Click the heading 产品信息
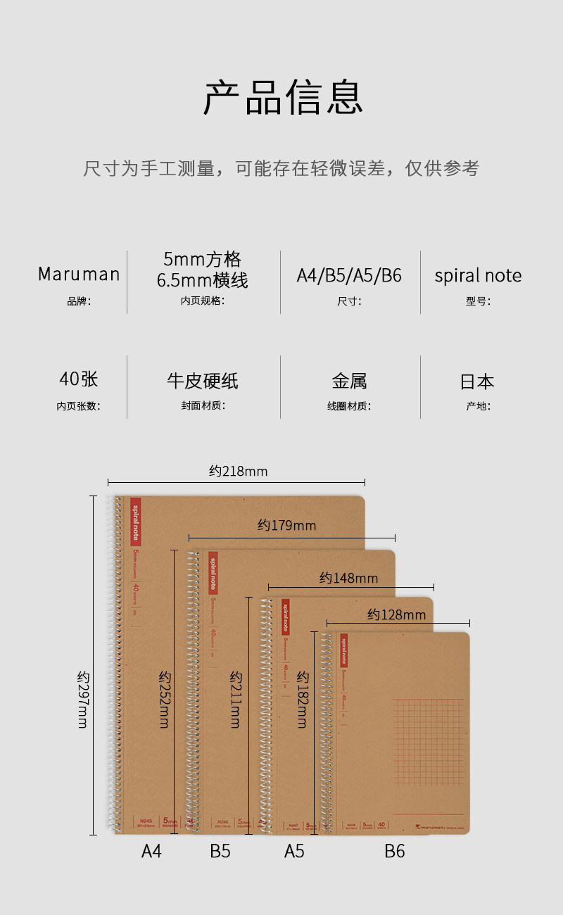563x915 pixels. [x=283, y=98]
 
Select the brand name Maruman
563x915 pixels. [x=79, y=274]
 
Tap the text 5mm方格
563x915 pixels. [x=202, y=259]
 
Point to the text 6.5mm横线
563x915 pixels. [x=202, y=281]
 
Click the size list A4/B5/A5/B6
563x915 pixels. [x=349, y=275]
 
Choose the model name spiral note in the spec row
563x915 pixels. [x=478, y=275]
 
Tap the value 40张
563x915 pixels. [x=79, y=379]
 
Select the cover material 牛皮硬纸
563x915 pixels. [x=202, y=381]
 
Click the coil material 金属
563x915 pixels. [x=349, y=381]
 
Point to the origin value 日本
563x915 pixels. [x=477, y=381]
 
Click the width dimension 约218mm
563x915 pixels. [x=238, y=471]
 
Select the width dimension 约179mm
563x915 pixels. [x=286, y=525]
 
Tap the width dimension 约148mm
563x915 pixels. [x=348, y=578]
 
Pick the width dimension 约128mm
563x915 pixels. [x=396, y=614]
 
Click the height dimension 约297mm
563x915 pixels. [x=84, y=699]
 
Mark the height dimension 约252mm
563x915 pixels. [x=165, y=699]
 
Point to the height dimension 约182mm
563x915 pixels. [x=303, y=699]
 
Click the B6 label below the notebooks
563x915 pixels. [x=395, y=851]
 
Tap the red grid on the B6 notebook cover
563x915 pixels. [x=429, y=742]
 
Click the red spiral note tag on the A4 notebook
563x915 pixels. [x=136, y=522]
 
